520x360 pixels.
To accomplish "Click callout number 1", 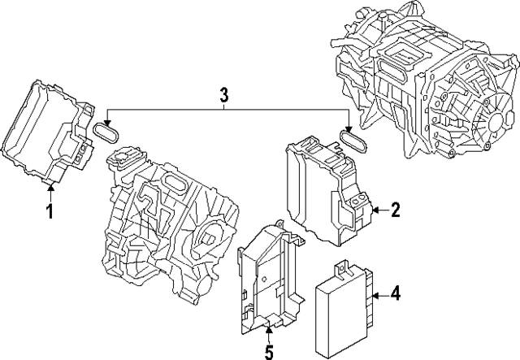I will point(49,213).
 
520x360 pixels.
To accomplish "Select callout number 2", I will point(395,211).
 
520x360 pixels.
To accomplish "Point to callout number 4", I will point(396,293).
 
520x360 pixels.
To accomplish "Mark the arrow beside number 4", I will point(379,293).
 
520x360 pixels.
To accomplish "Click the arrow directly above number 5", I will point(270,327).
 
